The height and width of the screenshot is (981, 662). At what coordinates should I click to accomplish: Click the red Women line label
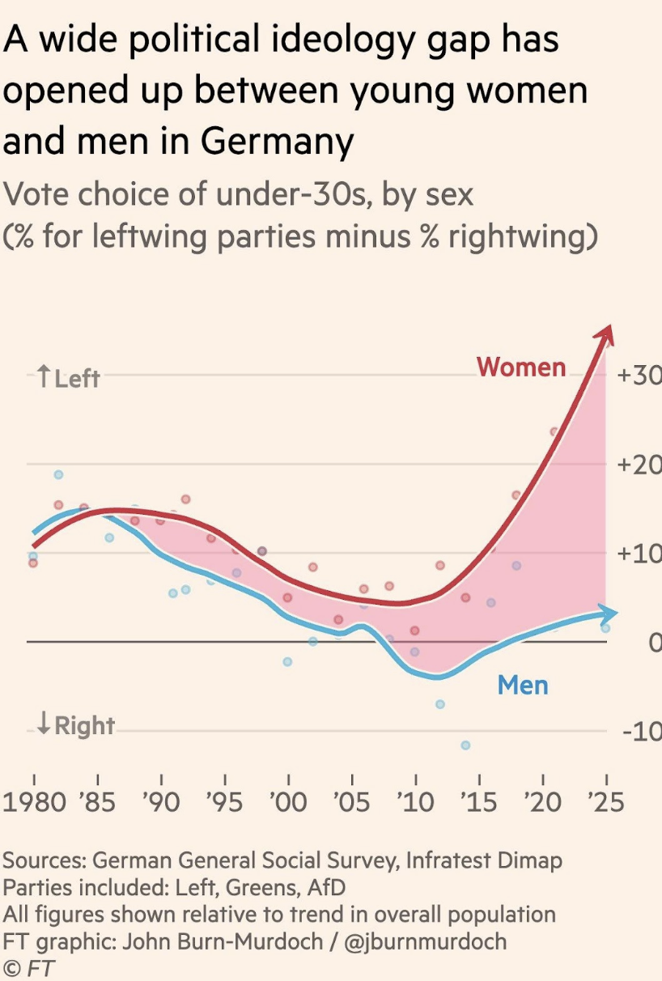[521, 367]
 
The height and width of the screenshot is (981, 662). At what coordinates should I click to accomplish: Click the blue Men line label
[523, 686]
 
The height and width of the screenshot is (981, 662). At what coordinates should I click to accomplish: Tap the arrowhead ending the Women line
[606, 333]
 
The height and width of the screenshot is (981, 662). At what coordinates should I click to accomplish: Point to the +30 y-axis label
[639, 376]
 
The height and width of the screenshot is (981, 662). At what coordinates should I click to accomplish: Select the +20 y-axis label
[639, 465]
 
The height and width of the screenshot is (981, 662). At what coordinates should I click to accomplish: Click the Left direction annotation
[68, 377]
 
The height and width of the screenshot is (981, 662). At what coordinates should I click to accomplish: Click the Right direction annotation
[75, 725]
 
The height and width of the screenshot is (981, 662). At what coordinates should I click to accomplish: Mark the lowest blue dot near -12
[465, 745]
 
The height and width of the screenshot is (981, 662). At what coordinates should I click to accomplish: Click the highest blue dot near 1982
[58, 474]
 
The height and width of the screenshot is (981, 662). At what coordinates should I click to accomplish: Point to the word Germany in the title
[277, 142]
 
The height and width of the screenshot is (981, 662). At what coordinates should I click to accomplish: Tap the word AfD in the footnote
[325, 887]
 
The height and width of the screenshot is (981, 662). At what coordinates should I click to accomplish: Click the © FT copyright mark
[29, 968]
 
